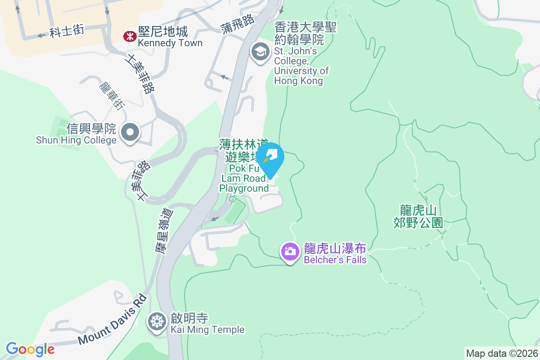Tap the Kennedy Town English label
click(x=170, y=43)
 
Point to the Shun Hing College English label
click(x=76, y=140)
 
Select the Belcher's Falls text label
click(x=335, y=260)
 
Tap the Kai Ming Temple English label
click(x=207, y=330)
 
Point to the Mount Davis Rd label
click(x=113, y=319)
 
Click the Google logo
click(x=30, y=349)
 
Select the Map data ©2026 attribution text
click(x=502, y=353)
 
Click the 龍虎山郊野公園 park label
click(x=418, y=216)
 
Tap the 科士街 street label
click(x=67, y=31)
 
